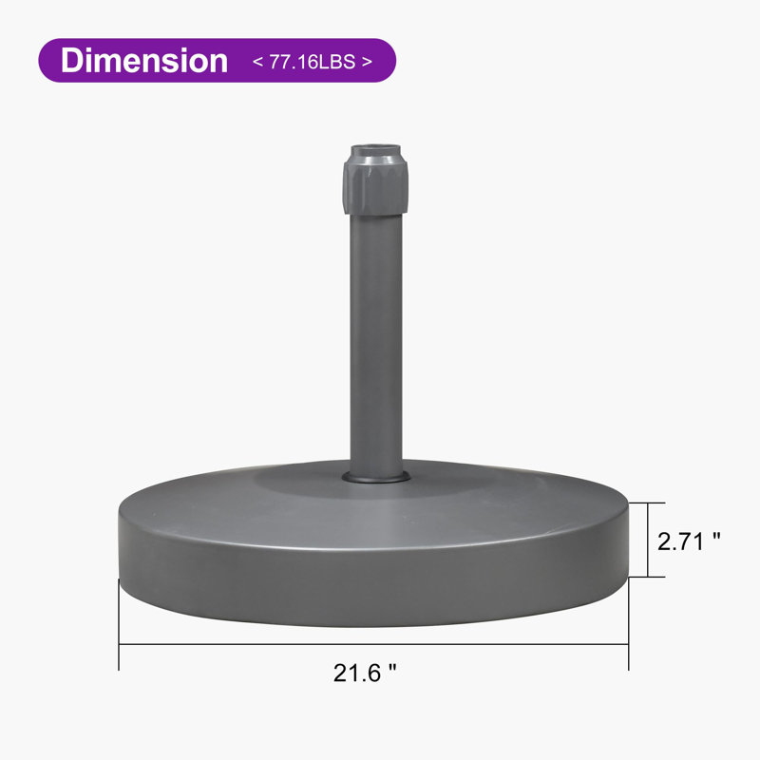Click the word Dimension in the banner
click(x=144, y=61)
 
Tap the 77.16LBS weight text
click(x=313, y=62)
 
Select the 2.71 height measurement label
click(x=680, y=541)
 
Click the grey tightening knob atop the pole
click(x=375, y=185)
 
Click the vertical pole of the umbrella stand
click(x=376, y=345)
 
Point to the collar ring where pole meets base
click(x=375, y=477)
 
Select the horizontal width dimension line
click(x=373, y=644)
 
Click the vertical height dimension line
click(x=648, y=540)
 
